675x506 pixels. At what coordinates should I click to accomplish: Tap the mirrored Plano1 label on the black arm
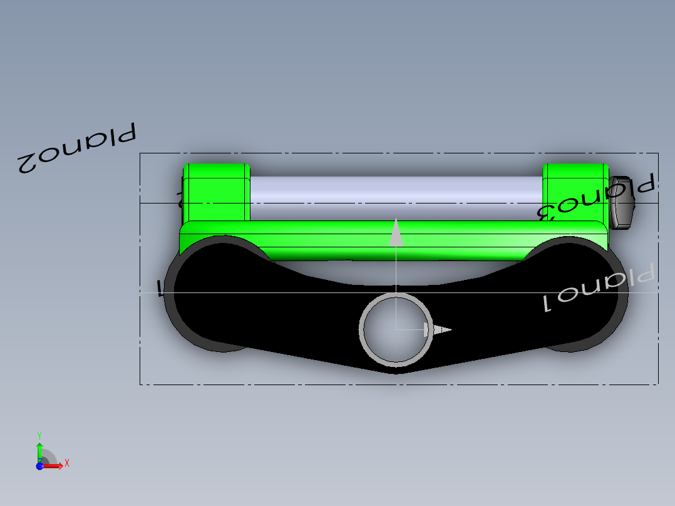pos(597,289)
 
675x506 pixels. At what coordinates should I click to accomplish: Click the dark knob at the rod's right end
pos(622,202)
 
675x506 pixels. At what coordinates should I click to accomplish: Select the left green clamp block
pos(215,191)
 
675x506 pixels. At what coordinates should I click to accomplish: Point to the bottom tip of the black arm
pos(396,372)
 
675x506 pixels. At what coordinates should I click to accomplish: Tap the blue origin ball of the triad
pos(39,466)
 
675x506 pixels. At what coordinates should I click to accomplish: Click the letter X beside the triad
pos(67,463)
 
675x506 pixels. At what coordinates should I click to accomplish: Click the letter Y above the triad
pos(39,435)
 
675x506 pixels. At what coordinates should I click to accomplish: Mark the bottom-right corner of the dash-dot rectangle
pos(658,384)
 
